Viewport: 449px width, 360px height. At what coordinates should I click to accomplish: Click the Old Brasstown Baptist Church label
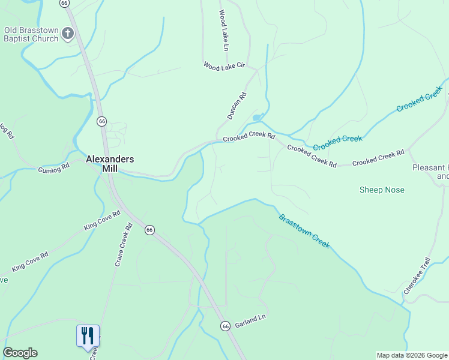coord(31,34)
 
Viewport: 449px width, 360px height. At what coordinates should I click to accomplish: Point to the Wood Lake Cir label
coord(224,66)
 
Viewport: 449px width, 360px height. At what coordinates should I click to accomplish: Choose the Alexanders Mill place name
coord(110,164)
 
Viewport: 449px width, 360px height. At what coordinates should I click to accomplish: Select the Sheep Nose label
coord(382,190)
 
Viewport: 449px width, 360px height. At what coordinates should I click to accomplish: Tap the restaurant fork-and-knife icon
coord(88,335)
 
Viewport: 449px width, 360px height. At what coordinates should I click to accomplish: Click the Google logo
coord(20,353)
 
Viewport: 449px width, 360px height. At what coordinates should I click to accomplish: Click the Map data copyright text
coord(412,355)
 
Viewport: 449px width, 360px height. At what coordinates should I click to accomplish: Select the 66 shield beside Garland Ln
coord(224,326)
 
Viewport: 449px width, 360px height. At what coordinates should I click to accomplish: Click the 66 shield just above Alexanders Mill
coord(102,121)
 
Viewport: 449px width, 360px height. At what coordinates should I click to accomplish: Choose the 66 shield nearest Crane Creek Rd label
coord(149,230)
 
